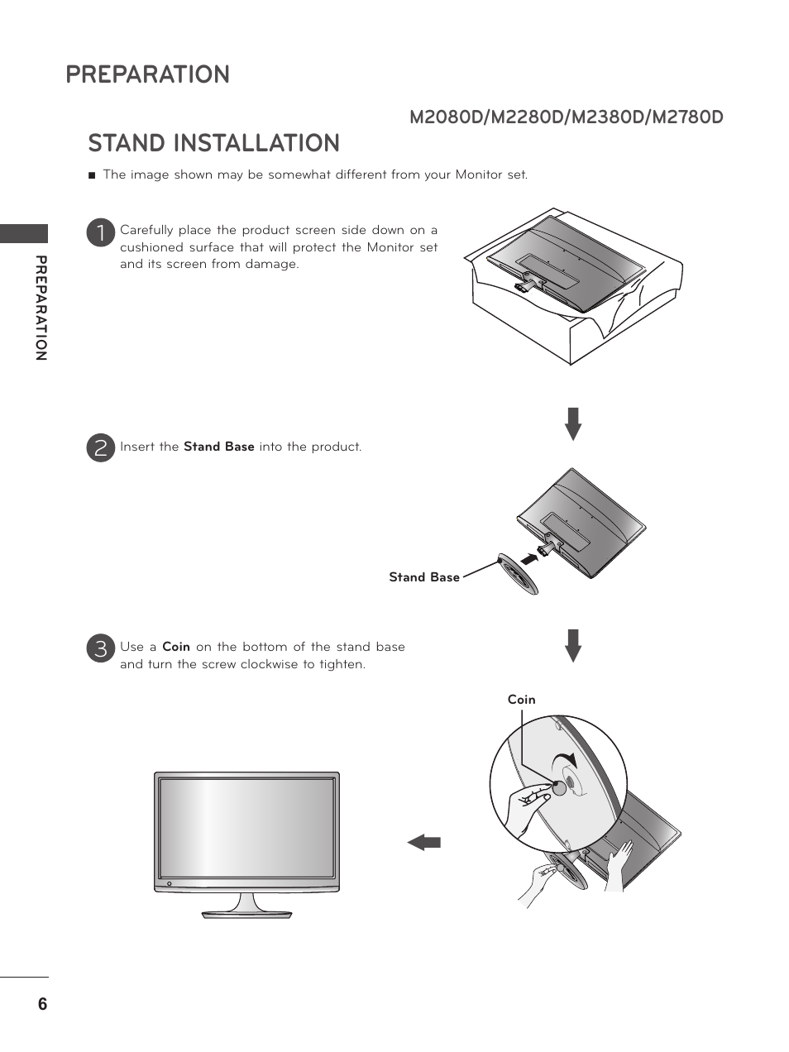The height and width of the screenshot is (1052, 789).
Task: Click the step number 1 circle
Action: [x=100, y=232]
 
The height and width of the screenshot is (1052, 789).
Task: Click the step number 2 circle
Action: [x=100, y=448]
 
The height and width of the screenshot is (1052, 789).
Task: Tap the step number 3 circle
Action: [x=100, y=648]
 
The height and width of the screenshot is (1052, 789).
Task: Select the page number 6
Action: [x=42, y=1004]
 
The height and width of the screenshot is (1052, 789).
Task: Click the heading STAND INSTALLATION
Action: [x=213, y=143]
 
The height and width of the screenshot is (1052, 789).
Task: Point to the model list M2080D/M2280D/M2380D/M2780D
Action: [x=566, y=117]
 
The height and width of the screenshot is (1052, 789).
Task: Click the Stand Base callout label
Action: [x=423, y=577]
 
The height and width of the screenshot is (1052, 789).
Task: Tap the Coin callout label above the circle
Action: [x=521, y=700]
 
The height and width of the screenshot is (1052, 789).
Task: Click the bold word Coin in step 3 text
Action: [x=176, y=647]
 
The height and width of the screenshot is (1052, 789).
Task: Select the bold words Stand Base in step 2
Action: [x=218, y=447]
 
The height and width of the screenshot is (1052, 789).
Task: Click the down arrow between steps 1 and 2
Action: [x=573, y=423]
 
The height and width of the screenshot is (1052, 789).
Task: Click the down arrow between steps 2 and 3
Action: [x=573, y=645]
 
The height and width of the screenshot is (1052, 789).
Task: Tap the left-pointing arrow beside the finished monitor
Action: [x=424, y=843]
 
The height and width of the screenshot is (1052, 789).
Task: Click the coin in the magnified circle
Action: [x=559, y=787]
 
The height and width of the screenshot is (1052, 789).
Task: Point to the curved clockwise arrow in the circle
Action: [x=565, y=762]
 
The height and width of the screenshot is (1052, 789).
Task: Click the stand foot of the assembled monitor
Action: [x=246, y=912]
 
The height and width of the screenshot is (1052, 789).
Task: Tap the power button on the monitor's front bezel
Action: [x=169, y=884]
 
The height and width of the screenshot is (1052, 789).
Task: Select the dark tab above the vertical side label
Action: [x=24, y=233]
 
